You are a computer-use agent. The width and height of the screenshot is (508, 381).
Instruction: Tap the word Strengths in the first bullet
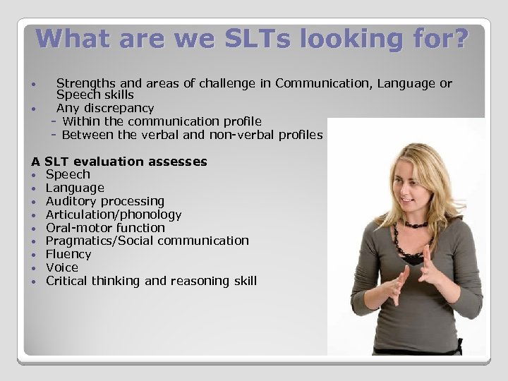point(85,84)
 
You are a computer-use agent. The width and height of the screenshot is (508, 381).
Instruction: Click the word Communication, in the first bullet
point(318,84)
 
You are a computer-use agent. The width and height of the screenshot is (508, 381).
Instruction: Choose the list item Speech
point(68,175)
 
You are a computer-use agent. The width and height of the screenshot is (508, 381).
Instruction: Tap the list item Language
point(75,188)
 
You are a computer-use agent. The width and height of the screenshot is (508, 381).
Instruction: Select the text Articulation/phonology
point(114,214)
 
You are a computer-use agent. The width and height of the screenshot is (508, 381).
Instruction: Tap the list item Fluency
point(68,254)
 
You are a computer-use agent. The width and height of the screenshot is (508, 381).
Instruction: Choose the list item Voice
point(61,267)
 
